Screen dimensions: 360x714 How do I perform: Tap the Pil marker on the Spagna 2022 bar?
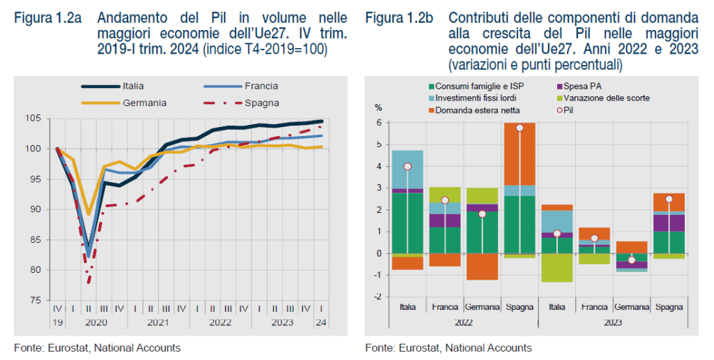(x=519, y=128)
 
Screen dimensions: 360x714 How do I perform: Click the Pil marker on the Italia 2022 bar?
(x=407, y=167)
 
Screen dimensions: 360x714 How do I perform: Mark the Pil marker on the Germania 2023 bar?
(x=632, y=260)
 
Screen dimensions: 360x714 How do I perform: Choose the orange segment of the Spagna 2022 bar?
(x=519, y=153)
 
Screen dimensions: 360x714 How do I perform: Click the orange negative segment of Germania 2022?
(x=482, y=267)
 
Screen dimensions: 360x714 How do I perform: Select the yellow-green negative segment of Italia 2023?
(x=556, y=268)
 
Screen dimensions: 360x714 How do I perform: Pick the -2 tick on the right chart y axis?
(x=377, y=297)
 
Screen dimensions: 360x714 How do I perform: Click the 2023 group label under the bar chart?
(x=613, y=322)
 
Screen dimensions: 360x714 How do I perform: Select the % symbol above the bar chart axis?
(x=379, y=108)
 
